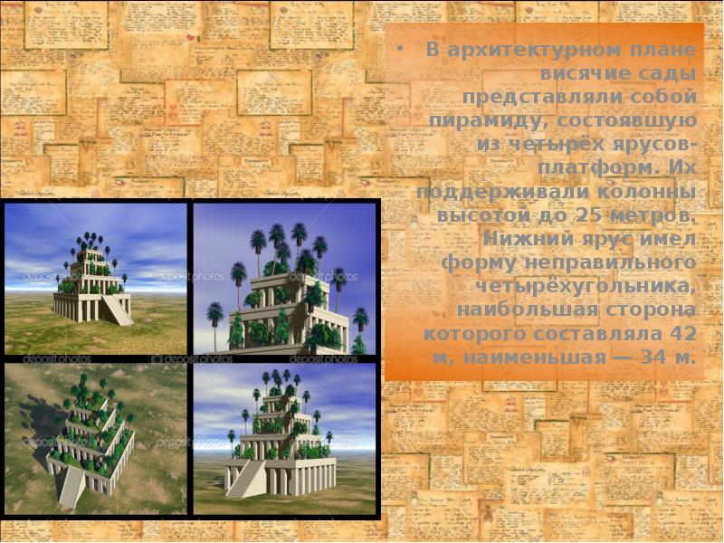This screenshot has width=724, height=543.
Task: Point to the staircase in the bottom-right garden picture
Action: (241, 478)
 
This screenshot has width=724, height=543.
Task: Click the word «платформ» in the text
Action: (581, 168)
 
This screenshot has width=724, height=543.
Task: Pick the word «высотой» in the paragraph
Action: (480, 215)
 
